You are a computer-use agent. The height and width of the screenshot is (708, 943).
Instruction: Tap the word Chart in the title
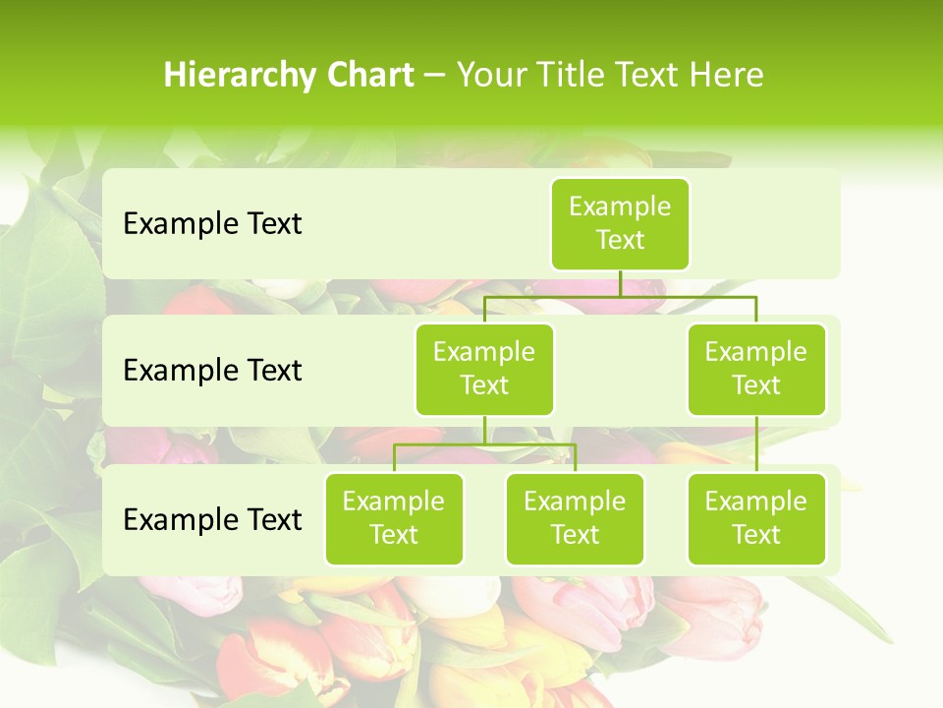[368, 75]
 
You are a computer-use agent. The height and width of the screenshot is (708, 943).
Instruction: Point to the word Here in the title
[726, 75]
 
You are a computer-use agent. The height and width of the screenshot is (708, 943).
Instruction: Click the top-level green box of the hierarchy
[620, 223]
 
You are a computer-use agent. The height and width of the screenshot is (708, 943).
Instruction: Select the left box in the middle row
[484, 369]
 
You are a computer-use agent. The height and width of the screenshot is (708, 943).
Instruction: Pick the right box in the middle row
[756, 369]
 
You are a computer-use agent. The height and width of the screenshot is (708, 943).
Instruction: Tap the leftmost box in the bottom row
[394, 518]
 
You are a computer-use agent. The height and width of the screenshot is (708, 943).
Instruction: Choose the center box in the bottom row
[575, 518]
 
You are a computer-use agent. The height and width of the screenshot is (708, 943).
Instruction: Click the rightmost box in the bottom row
[756, 518]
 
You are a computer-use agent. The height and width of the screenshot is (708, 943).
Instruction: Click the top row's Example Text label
[212, 224]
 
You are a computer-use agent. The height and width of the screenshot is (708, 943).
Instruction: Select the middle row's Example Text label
[212, 371]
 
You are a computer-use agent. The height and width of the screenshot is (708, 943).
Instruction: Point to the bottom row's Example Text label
[212, 519]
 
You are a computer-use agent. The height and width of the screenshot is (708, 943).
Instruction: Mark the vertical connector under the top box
[620, 283]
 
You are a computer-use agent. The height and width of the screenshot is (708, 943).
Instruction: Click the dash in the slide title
[434, 75]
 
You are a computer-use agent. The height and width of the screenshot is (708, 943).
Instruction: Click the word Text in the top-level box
[620, 240]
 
